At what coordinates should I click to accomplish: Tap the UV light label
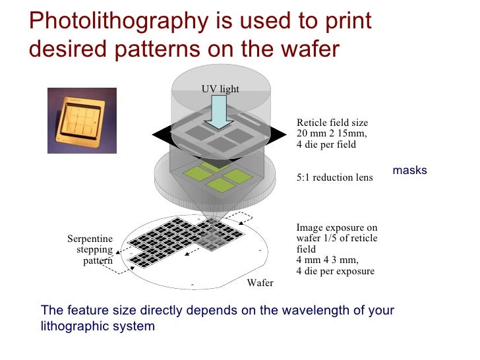point(220,89)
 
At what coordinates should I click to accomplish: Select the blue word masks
point(409,170)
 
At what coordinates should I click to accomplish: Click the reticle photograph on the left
point(82,120)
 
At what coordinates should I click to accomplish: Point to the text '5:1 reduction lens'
point(334,177)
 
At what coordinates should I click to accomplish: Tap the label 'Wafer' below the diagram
point(260,283)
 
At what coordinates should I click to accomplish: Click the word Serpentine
point(90,239)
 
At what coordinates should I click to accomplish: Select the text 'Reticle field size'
point(332,123)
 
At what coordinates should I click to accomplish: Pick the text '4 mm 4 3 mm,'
point(327,260)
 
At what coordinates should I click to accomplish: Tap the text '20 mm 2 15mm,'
point(331,134)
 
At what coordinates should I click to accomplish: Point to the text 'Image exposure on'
point(337,228)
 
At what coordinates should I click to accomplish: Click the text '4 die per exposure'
point(336,271)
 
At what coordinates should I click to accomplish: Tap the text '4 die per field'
point(326,144)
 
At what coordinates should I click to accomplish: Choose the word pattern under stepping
point(98,260)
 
